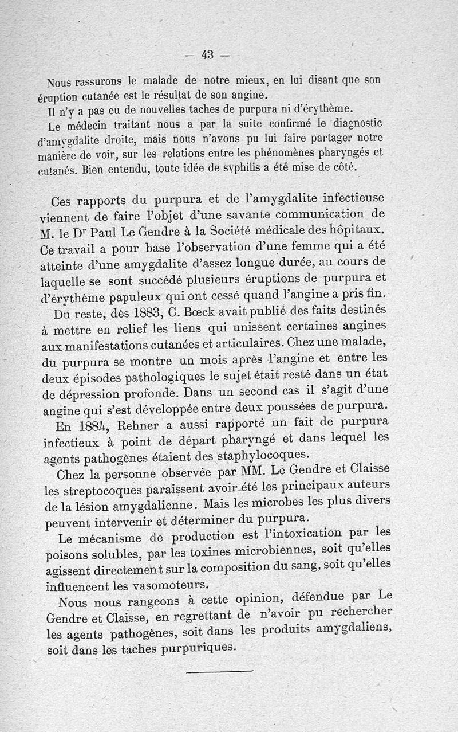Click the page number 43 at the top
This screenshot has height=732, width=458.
tap(207, 55)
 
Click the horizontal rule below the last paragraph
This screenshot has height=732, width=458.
tap(220, 671)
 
